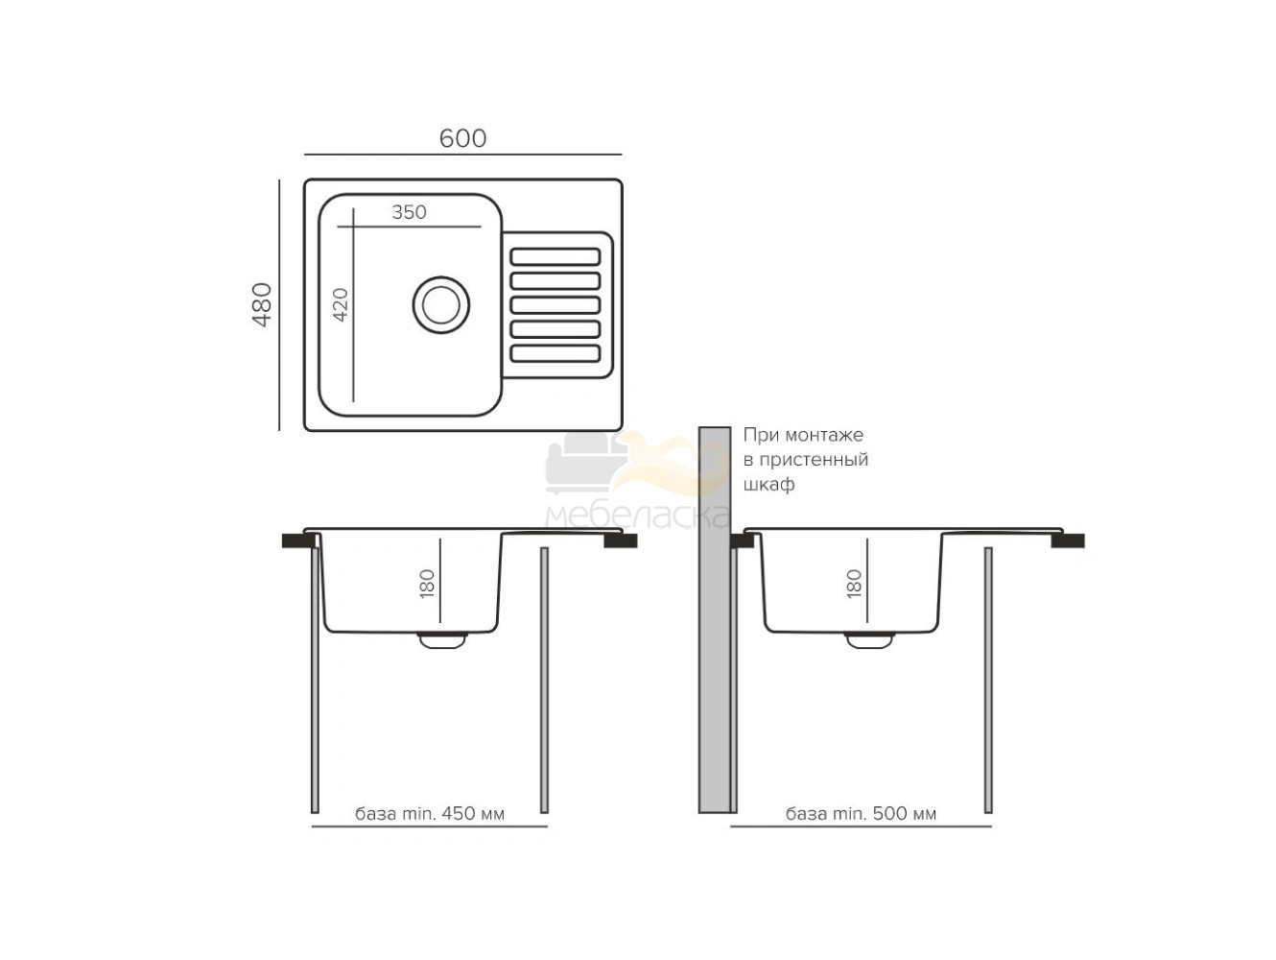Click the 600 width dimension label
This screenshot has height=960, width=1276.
coord(462,138)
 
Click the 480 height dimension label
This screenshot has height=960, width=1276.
coord(262,304)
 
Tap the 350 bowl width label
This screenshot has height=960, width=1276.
coord(409,212)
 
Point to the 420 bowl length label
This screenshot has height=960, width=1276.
coord(340,304)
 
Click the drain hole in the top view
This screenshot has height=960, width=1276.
coord(441,304)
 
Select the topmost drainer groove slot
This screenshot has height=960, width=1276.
coord(555,256)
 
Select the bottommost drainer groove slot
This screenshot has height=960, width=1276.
coord(555,353)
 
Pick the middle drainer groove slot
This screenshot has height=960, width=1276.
coord(555,304)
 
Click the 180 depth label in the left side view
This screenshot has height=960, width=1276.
coord(426,584)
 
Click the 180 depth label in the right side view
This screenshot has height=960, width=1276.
coord(853,584)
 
